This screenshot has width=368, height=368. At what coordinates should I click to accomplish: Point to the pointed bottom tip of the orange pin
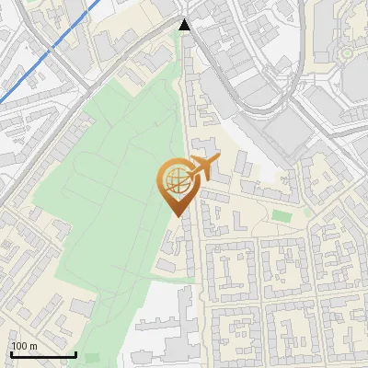pyautogui.click(x=175, y=215)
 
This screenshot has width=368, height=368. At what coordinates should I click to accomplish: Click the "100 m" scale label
pyautogui.click(x=24, y=346)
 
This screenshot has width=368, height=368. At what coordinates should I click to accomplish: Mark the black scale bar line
pyautogui.click(x=43, y=354)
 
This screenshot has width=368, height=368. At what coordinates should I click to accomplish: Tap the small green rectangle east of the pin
pyautogui.click(x=280, y=216)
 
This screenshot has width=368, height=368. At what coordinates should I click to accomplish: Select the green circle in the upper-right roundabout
pyautogui.click(x=347, y=54)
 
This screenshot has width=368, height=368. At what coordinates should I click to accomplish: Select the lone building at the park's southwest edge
pyautogui.click(x=82, y=306)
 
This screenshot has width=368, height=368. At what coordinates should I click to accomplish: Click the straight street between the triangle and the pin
pyautogui.click(x=188, y=101)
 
